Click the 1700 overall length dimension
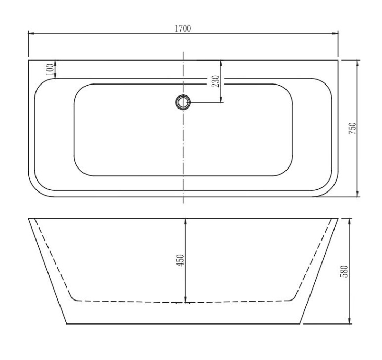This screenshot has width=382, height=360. (x=183, y=28)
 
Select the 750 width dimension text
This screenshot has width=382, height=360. (x=352, y=128)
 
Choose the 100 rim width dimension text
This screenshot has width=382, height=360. (x=50, y=70)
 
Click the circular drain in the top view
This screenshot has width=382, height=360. (x=183, y=103)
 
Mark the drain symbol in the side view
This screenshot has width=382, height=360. (x=183, y=302)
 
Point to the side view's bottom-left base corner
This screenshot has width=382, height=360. (x=67, y=323)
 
